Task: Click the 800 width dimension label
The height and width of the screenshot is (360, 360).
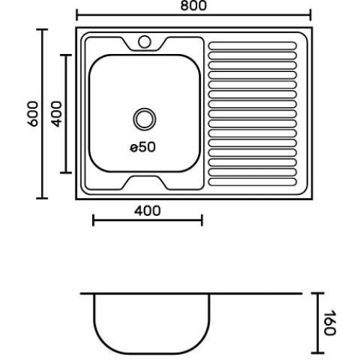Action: (194, 6)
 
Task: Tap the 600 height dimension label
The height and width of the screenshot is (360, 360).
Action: (33, 114)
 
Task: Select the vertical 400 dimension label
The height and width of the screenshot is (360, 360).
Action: (57, 114)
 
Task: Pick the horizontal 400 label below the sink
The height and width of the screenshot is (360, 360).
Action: (148, 211)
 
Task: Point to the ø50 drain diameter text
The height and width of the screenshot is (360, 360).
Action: (143, 147)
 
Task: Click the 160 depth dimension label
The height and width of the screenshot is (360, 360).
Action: (330, 323)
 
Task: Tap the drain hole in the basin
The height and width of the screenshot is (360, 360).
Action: (145, 120)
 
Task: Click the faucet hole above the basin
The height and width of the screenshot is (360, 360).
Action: (145, 42)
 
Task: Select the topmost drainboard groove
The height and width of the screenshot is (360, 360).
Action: (253, 45)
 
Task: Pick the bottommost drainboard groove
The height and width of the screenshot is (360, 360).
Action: (253, 181)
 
